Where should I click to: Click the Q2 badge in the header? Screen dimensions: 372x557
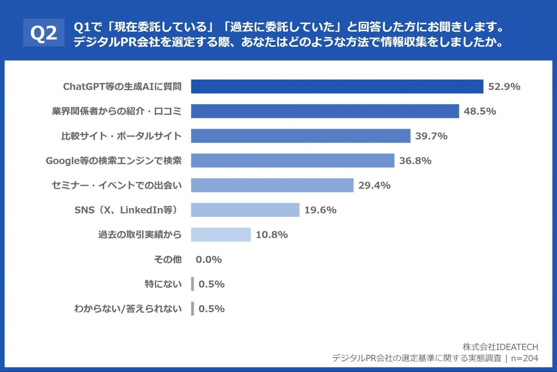point(44,33)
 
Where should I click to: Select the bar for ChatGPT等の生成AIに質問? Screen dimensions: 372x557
point(337,86)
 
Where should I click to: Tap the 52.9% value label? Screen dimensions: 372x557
point(504,86)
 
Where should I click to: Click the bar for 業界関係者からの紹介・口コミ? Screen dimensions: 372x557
point(325,111)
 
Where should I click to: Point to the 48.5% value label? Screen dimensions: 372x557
point(480,111)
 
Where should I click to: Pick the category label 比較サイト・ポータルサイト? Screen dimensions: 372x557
point(121,136)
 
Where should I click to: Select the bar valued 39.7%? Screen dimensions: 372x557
point(300,136)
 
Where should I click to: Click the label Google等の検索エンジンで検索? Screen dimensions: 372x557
point(114,161)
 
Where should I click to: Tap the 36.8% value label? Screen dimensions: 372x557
point(415,161)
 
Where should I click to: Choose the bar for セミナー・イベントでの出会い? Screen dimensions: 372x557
point(272,185)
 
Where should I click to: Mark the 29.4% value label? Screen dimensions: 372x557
point(374,185)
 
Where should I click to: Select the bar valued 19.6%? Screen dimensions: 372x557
point(245,210)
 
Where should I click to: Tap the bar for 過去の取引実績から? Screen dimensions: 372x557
point(221,235)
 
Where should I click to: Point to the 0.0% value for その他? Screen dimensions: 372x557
point(209,260)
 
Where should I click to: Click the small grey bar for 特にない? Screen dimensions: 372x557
point(193,284)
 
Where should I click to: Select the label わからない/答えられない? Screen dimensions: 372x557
point(128,309)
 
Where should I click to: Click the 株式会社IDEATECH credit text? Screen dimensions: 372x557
point(500,347)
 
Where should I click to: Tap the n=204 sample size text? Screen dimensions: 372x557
point(524,358)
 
